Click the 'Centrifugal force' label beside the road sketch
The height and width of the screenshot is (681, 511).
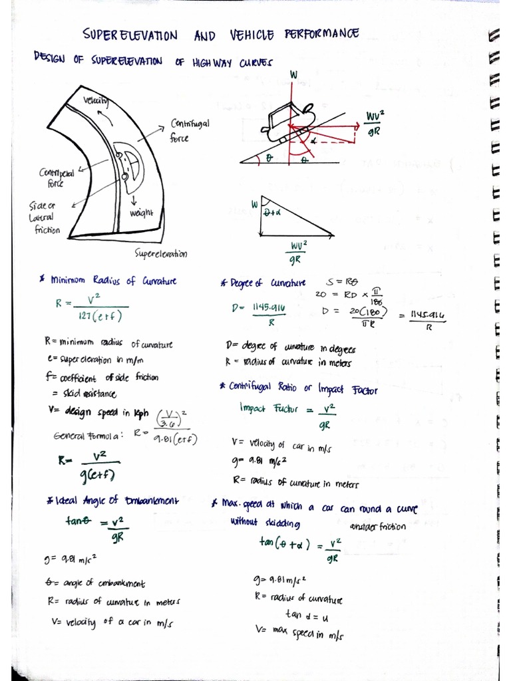[189, 130]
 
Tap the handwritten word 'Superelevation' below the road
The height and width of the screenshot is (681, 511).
[160, 253]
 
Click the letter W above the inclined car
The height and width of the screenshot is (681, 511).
[293, 76]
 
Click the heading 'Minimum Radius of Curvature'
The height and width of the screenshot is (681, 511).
[113, 281]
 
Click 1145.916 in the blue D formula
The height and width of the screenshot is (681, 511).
[269, 308]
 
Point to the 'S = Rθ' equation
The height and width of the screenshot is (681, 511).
[343, 282]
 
